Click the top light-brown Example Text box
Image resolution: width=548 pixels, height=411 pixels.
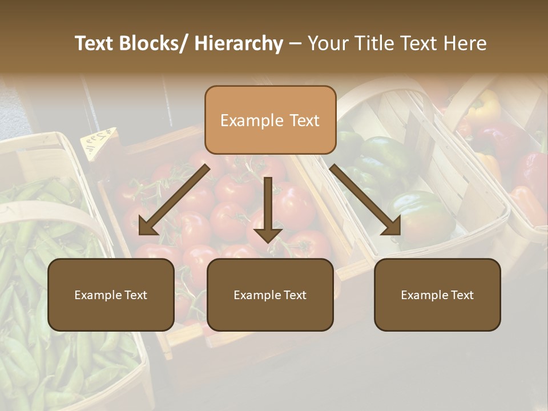click(x=270, y=120)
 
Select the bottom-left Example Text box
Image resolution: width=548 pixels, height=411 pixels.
click(x=111, y=295)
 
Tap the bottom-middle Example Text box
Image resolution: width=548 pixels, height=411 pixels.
click(x=270, y=295)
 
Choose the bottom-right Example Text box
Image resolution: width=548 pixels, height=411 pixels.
click(x=437, y=295)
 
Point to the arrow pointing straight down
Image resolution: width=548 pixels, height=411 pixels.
click(x=268, y=209)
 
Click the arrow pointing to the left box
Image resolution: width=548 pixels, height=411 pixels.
click(x=174, y=200)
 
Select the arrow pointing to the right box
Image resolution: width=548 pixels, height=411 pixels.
click(x=365, y=200)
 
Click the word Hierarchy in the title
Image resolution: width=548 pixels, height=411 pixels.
click(x=239, y=43)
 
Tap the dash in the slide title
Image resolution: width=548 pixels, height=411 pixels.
click(x=295, y=44)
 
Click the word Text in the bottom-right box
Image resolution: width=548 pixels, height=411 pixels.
click(x=461, y=295)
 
